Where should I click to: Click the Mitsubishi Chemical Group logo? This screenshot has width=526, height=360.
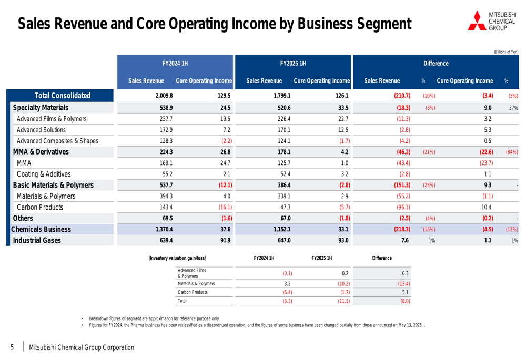(492, 21)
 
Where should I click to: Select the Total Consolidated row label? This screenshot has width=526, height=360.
(62, 96)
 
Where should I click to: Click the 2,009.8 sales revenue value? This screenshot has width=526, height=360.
(164, 96)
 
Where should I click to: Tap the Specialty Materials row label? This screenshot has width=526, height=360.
(41, 108)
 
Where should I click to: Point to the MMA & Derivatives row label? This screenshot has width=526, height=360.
(41, 152)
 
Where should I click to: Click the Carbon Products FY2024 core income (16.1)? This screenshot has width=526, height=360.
(225, 207)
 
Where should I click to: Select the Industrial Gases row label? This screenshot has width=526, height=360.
(37, 240)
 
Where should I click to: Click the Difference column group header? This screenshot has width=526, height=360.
(436, 64)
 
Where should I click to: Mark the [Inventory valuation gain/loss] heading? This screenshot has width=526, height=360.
(177, 258)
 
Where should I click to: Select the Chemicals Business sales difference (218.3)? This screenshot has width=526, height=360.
(402, 229)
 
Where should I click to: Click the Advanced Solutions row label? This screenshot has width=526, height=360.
(41, 130)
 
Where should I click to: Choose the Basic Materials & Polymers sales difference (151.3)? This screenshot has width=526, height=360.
(402, 185)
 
